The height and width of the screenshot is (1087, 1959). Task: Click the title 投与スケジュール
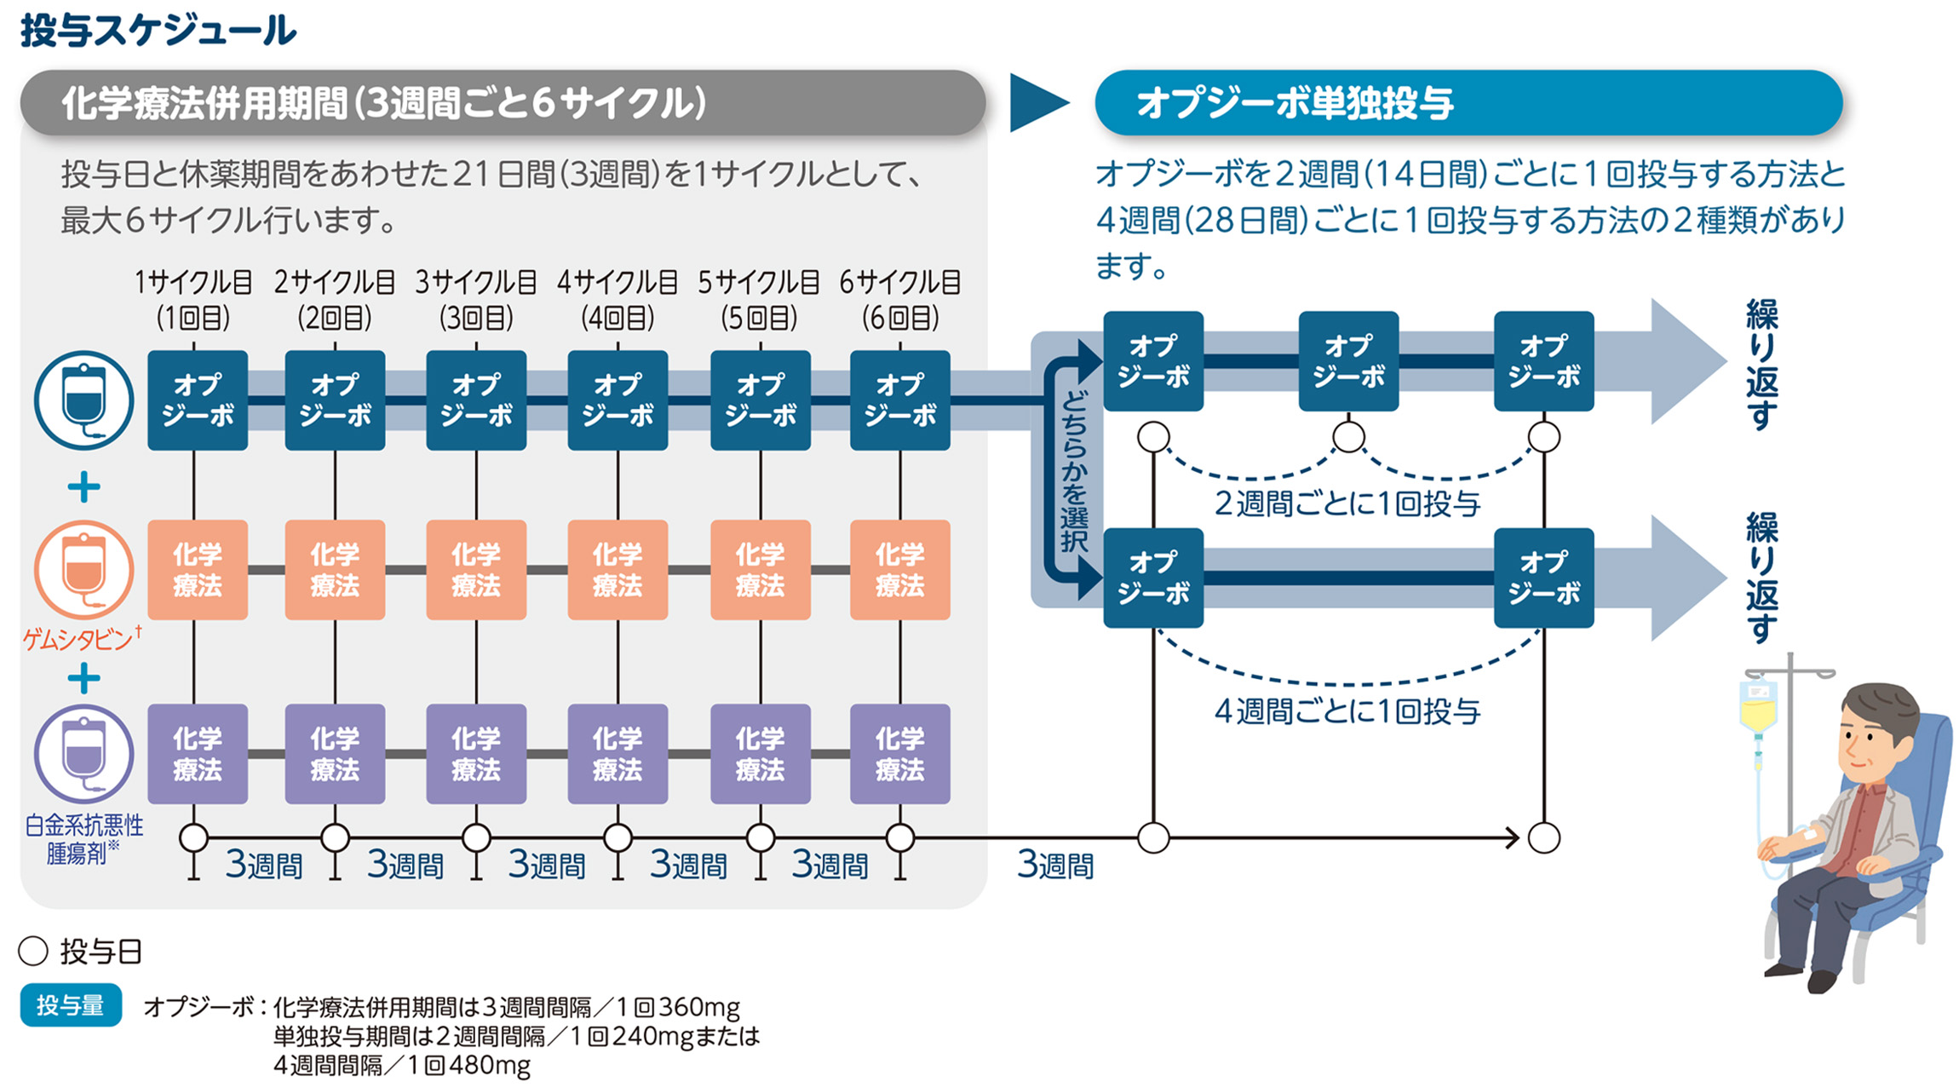[x=158, y=32]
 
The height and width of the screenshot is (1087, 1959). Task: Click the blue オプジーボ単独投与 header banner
[x=1468, y=103]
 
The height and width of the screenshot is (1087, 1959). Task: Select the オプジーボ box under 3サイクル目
[x=476, y=400]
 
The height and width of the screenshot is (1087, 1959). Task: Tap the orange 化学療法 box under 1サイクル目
[x=198, y=570]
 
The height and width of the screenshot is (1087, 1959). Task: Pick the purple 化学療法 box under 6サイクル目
[x=899, y=754]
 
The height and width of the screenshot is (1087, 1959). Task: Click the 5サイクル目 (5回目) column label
[x=758, y=300]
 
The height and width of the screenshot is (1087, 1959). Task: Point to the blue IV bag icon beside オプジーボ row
[x=83, y=400]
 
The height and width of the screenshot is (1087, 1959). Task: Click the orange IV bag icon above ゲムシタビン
[x=83, y=569]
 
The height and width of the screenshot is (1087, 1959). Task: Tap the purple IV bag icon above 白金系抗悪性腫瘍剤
[x=83, y=753]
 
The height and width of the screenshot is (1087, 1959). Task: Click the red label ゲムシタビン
[x=79, y=639]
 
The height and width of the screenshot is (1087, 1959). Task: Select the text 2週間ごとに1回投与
[x=1347, y=504]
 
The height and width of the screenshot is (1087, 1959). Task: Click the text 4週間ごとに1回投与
[x=1347, y=711]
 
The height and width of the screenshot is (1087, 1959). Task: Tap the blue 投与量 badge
[x=71, y=1005]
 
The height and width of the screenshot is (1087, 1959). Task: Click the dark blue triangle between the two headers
[x=1035, y=103]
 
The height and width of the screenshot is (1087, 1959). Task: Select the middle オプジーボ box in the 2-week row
[x=1347, y=361]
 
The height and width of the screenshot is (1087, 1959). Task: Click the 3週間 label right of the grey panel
[x=1054, y=866]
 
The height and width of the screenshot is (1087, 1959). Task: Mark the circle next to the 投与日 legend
[x=33, y=952]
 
